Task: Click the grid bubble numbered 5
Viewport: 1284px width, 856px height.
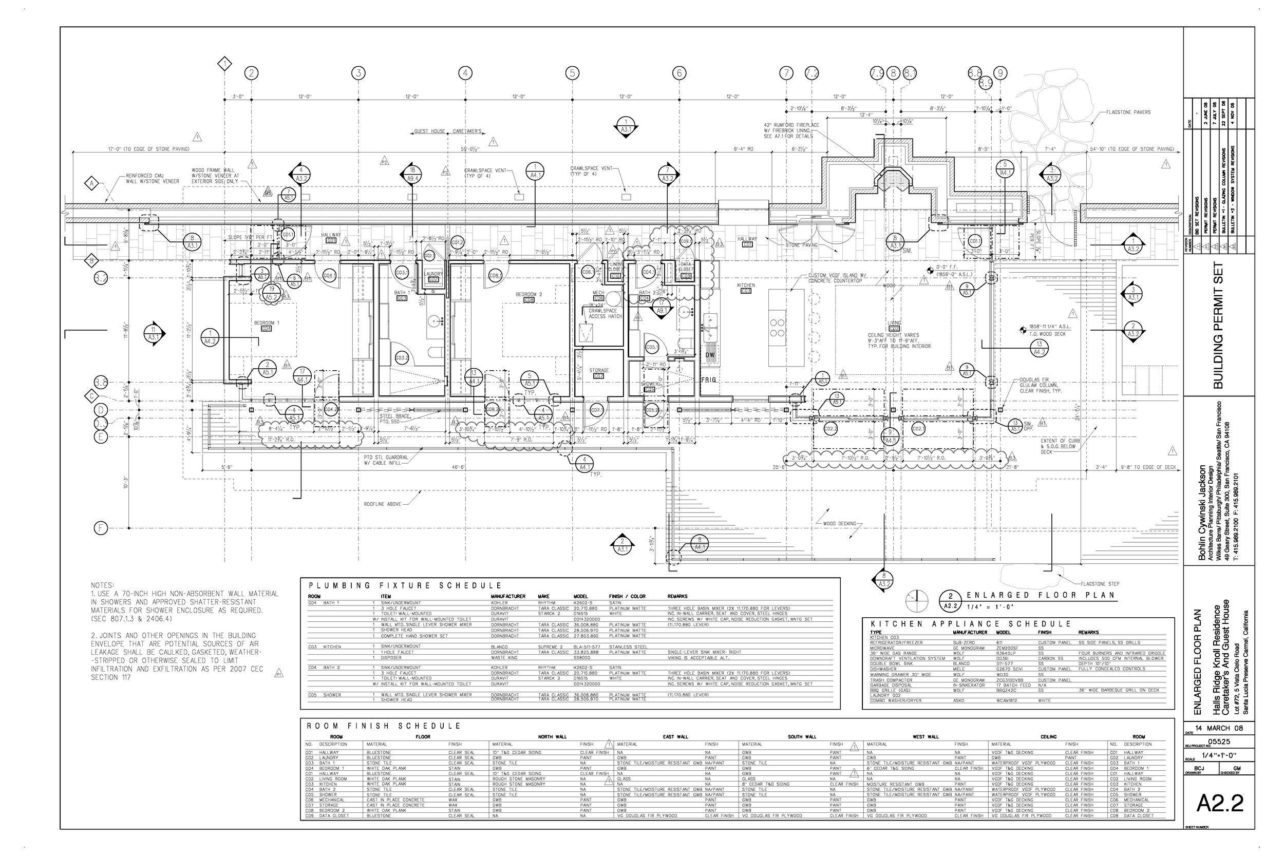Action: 572,73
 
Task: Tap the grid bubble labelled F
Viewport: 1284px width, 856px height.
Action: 101,528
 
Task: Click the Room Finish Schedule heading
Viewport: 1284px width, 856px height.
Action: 384,726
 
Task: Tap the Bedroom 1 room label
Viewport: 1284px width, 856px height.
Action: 267,323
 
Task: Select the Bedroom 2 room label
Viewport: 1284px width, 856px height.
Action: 528,295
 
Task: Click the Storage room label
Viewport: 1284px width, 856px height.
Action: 599,371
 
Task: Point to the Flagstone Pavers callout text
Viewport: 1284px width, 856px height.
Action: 1128,112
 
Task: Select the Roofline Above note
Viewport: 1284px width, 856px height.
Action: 382,504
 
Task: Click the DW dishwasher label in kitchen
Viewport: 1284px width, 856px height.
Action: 710,355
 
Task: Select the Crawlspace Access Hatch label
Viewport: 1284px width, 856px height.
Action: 605,313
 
